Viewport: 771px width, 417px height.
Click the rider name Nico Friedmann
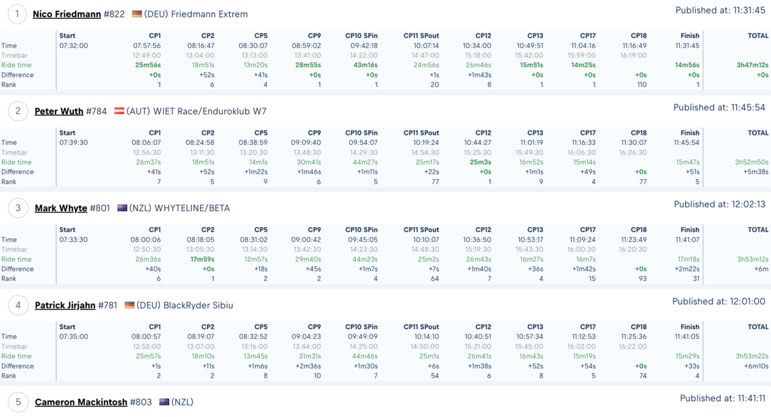pyautogui.click(x=67, y=14)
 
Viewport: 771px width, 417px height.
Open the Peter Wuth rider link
pyautogui.click(x=59, y=111)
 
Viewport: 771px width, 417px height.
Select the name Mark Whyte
pyautogui.click(x=61, y=208)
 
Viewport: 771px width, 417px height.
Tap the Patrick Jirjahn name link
pyautogui.click(x=65, y=305)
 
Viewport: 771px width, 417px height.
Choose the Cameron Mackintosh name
pyautogui.click(x=81, y=402)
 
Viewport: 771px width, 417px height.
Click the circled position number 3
pyautogui.click(x=18, y=208)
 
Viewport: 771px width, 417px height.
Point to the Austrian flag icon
pyautogui.click(x=119, y=111)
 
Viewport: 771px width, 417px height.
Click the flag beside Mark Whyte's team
pyautogui.click(x=122, y=208)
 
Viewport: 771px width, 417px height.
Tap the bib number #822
pyautogui.click(x=114, y=14)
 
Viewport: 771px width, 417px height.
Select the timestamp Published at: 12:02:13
pyautogui.click(x=720, y=205)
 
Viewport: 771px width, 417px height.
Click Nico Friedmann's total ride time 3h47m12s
pyautogui.click(x=752, y=65)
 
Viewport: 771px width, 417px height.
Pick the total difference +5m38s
pyautogui.click(x=756, y=172)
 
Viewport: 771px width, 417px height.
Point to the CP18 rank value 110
pyautogui.click(x=642, y=85)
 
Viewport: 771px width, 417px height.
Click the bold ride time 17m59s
pyautogui.click(x=202, y=259)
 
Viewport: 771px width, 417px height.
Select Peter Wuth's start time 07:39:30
pyautogui.click(x=73, y=142)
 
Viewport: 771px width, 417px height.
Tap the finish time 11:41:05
pyautogui.click(x=687, y=337)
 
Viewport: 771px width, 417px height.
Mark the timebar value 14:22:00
pyautogui.click(x=364, y=55)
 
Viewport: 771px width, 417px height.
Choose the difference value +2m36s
pyautogui.click(x=308, y=366)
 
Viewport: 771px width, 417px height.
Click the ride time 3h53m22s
pyautogui.click(x=752, y=356)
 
